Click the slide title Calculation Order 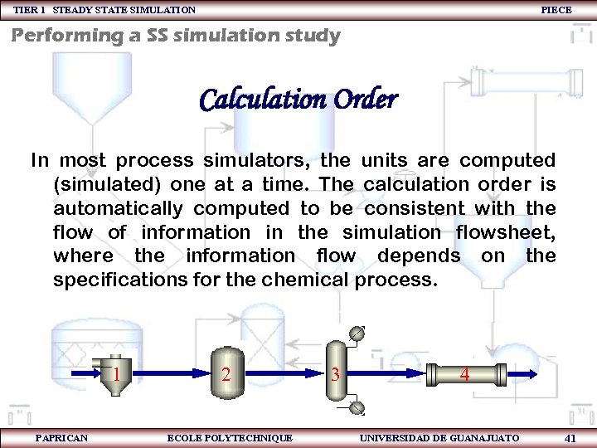(x=298, y=100)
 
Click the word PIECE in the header (x=556, y=10)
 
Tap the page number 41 (x=570, y=437)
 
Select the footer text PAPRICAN (x=61, y=437)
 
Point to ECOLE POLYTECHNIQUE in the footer (x=230, y=437)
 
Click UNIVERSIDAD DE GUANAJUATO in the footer (x=439, y=437)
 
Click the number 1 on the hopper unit (x=117, y=374)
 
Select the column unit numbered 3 (x=335, y=374)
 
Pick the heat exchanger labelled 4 (x=465, y=375)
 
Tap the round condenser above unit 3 (x=357, y=334)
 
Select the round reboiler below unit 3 (x=357, y=407)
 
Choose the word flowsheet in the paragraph (x=505, y=231)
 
